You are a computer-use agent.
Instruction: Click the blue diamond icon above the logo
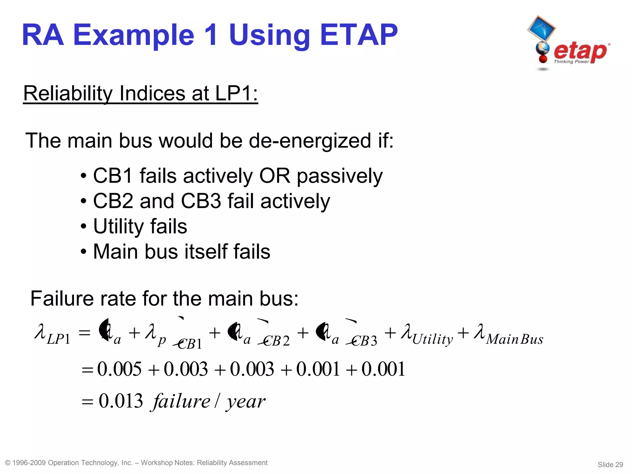[541, 28]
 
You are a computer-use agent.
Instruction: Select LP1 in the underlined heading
[236, 93]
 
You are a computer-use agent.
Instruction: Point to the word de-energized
[310, 141]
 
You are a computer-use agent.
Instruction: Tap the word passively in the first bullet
[339, 176]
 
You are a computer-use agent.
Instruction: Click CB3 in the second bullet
[201, 201]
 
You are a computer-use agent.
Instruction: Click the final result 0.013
[121, 401]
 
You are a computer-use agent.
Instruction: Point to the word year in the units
[246, 402]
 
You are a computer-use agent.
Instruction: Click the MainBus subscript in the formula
[514, 339]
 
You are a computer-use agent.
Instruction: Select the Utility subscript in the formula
[433, 340]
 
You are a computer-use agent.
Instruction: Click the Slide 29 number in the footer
[610, 464]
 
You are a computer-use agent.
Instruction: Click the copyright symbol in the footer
[8, 463]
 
